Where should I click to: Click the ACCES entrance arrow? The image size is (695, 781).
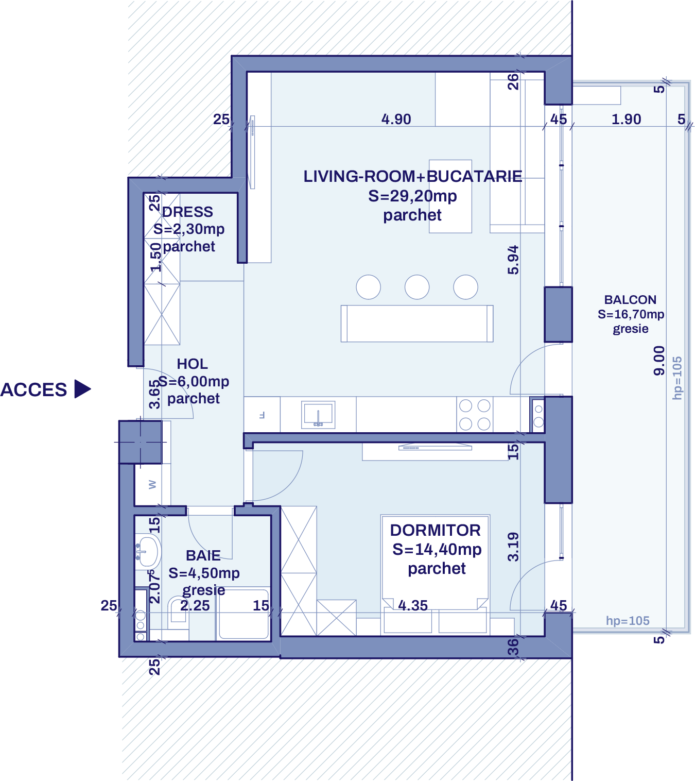tap(82, 389)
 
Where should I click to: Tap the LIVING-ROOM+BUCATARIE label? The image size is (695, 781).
tap(412, 177)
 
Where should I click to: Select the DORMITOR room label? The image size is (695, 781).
tap(436, 530)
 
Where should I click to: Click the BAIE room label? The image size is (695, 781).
tap(203, 555)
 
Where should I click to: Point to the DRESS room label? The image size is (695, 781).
tap(187, 212)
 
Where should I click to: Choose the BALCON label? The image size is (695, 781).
tap(630, 300)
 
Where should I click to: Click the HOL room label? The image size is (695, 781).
tap(193, 364)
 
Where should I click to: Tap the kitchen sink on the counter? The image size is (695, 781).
tap(318, 414)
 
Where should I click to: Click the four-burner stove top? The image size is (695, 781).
tap(475, 415)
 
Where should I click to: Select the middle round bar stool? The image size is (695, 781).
tap(417, 287)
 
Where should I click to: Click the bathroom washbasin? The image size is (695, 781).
tap(148, 551)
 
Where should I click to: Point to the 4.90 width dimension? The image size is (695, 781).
tap(396, 120)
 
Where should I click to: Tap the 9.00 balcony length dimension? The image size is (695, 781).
tap(659, 361)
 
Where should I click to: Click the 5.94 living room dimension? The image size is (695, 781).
tap(513, 260)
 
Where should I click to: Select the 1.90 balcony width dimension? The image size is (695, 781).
tap(626, 120)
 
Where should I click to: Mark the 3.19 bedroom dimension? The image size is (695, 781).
tap(513, 547)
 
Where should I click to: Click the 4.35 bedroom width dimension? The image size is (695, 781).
tap(413, 605)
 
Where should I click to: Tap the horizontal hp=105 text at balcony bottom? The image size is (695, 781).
tap(628, 621)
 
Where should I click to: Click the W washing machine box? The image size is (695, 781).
tap(152, 485)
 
